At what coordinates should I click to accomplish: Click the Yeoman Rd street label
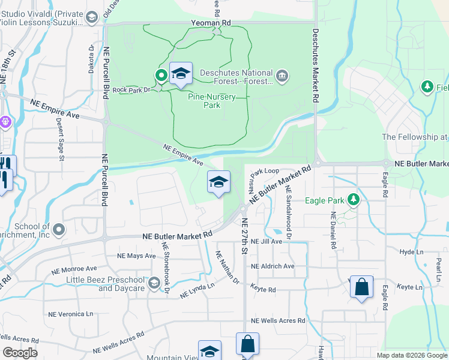click(x=211, y=22)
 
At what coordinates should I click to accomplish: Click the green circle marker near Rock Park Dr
click(x=161, y=76)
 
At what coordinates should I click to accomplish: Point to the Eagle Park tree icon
click(x=354, y=200)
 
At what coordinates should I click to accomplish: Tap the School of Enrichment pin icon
click(x=58, y=229)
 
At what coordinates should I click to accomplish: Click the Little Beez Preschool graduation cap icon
click(x=154, y=283)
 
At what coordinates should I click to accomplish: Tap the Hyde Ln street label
click(x=412, y=253)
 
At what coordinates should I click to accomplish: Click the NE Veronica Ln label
click(x=71, y=314)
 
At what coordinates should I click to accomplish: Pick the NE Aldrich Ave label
click(x=273, y=266)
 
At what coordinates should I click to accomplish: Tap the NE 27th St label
click(x=244, y=236)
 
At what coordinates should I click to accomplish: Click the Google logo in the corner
click(x=20, y=353)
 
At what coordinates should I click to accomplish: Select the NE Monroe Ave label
click(x=75, y=269)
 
